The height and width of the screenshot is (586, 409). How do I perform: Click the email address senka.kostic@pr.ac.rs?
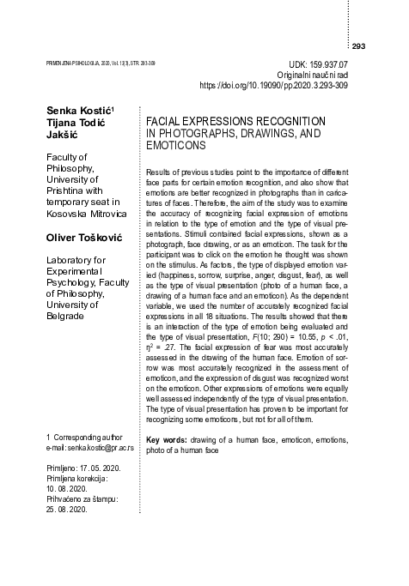point(93,450)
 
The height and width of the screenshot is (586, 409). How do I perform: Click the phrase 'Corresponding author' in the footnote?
point(88,438)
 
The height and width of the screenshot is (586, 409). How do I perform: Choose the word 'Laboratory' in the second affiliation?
point(70,258)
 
